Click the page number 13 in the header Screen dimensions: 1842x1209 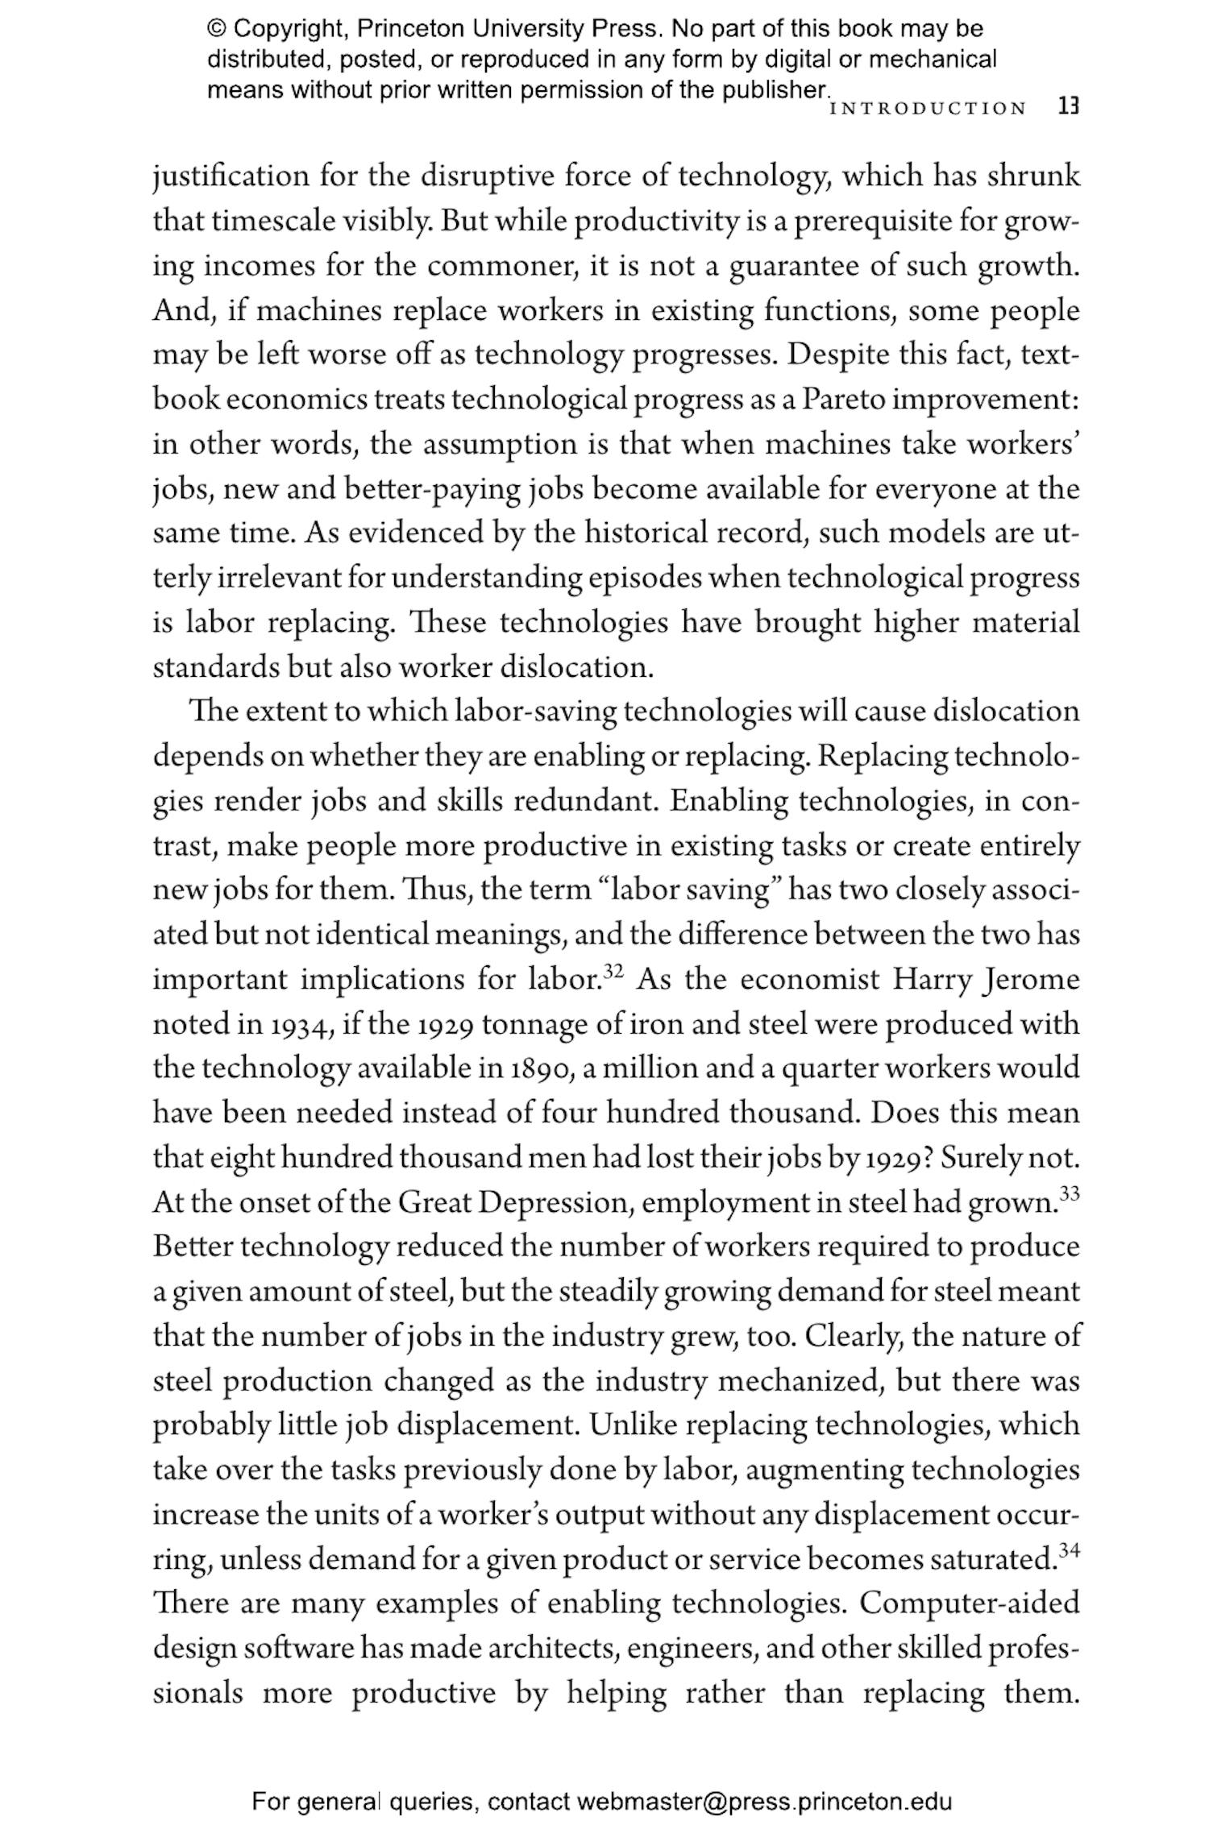click(1068, 106)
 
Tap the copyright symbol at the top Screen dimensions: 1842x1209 click(217, 29)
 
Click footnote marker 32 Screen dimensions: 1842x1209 click(613, 969)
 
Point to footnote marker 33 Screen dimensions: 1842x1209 click(1069, 1193)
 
